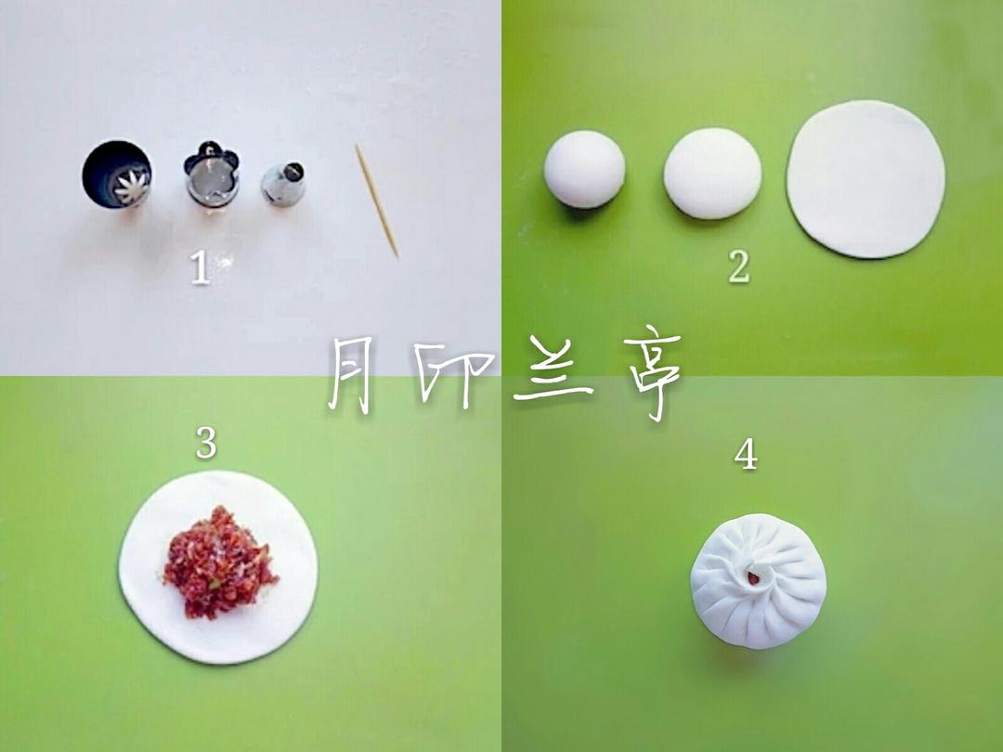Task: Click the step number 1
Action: [201, 266]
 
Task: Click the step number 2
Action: [739, 266]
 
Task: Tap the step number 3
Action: [206, 443]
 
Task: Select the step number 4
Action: [746, 455]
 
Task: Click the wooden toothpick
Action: [377, 201]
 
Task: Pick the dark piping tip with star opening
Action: [116, 174]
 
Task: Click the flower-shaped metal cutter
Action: [212, 174]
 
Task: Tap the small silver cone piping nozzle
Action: [282, 184]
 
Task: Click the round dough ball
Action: [585, 170]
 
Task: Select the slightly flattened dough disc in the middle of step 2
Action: [712, 174]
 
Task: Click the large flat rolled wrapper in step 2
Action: [866, 179]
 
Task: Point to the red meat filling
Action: [217, 563]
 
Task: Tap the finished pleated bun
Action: [759, 580]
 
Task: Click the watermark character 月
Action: [350, 375]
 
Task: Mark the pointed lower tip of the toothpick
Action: [397, 256]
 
